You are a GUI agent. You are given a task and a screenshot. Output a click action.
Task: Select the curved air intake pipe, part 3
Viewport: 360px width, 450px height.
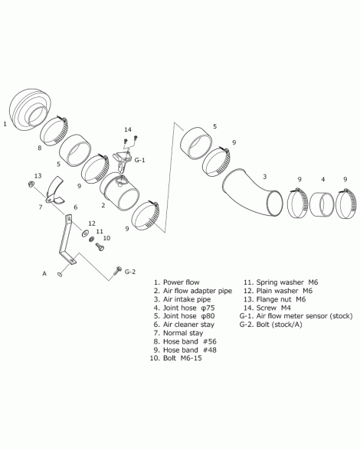click(250, 193)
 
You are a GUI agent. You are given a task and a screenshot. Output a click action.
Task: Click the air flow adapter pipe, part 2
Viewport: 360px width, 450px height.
click(119, 191)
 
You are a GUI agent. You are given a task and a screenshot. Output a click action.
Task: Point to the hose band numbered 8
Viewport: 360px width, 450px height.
click(54, 132)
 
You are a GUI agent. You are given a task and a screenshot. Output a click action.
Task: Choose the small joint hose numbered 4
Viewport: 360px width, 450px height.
click(322, 204)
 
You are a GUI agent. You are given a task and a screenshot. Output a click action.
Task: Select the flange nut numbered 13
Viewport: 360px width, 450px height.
click(30, 184)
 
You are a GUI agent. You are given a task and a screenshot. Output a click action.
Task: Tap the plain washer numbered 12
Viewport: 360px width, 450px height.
click(85, 233)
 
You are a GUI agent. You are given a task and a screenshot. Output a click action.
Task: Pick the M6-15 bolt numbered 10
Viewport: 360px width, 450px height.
click(100, 246)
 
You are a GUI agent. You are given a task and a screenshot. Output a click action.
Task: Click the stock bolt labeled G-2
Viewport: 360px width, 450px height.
click(117, 270)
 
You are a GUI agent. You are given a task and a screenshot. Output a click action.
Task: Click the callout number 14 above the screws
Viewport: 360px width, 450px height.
click(128, 130)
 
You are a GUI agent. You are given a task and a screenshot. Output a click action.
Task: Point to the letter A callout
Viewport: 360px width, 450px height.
click(44, 273)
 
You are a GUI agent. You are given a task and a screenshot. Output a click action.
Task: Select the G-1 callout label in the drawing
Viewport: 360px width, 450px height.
click(140, 160)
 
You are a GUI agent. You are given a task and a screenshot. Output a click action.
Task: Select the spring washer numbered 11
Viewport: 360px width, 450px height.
click(92, 239)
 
